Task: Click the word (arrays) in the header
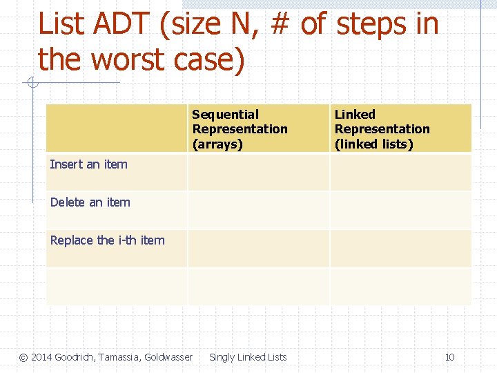coord(217,144)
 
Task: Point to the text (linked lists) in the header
coord(373,144)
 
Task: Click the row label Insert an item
coord(89,164)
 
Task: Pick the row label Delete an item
coord(90,202)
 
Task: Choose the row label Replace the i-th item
coord(108,240)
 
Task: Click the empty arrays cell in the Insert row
coord(258,173)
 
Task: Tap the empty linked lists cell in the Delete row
coord(400,211)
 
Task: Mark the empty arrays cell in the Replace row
coord(258,249)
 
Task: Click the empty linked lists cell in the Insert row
coord(400,173)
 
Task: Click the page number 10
coord(449,357)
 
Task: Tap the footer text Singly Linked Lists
coord(248,357)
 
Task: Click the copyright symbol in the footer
coord(23,357)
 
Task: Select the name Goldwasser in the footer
coord(168,357)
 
